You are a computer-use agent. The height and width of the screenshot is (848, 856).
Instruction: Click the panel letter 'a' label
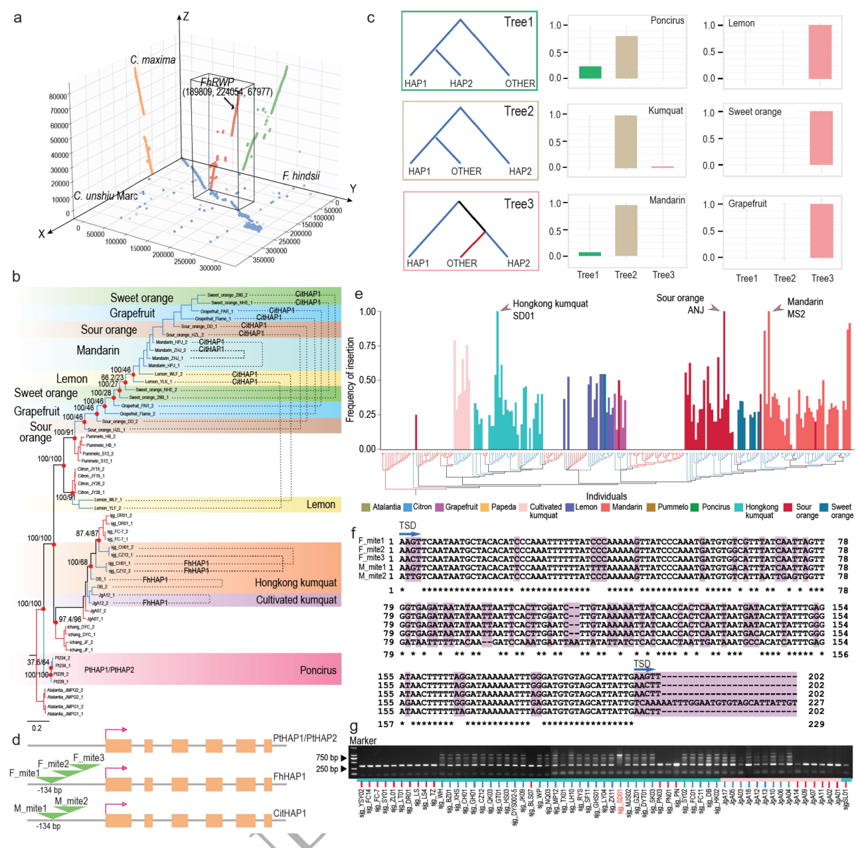[17, 18]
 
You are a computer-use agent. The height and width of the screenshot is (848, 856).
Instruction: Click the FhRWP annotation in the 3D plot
[218, 82]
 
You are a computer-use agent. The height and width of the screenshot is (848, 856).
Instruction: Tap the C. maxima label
[153, 60]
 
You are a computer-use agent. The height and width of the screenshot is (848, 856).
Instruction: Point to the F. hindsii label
[301, 176]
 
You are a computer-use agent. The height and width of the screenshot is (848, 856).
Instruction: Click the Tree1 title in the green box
[518, 22]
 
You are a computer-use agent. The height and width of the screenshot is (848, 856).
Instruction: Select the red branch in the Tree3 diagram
[473, 244]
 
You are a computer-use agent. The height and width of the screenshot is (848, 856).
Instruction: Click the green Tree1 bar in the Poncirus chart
[590, 72]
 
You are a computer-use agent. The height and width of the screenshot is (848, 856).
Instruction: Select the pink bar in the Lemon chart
[819, 52]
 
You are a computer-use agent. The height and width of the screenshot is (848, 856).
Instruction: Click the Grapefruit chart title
[747, 204]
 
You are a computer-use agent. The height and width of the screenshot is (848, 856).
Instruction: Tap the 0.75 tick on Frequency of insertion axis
[367, 346]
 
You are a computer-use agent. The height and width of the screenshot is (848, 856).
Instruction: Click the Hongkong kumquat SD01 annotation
[550, 309]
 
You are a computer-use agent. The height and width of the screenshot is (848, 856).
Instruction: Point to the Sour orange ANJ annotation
[680, 304]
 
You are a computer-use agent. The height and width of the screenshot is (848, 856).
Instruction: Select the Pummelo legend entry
[673, 507]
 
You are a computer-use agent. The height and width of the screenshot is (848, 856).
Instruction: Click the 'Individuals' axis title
[606, 496]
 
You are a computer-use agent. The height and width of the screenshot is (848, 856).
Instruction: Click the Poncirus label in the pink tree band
[317, 670]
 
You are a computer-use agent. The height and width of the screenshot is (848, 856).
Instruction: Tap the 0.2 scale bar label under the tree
[37, 728]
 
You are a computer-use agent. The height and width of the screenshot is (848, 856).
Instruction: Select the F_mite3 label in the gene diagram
[88, 758]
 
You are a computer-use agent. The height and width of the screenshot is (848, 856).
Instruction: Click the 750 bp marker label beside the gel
[327, 758]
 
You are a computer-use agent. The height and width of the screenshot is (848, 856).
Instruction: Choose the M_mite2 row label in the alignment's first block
[371, 575]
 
